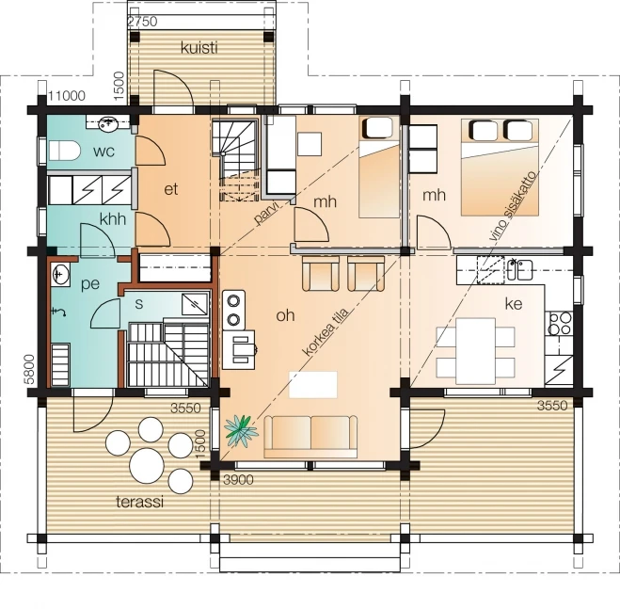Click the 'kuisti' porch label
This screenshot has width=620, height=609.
point(199,48)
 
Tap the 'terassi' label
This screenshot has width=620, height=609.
point(139,502)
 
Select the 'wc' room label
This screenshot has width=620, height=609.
point(103,151)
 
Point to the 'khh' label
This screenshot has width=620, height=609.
point(113,219)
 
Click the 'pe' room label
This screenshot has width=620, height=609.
point(91,282)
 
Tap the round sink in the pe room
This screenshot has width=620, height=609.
point(61,275)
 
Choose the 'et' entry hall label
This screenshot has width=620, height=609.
point(171,189)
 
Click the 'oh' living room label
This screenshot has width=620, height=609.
point(285,315)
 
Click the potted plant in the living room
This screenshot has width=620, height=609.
point(241,431)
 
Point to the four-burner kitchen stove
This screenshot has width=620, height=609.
point(559,323)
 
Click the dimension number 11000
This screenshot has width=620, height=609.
point(67,95)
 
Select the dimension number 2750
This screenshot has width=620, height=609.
point(141,21)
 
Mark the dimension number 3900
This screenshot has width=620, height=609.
point(240,480)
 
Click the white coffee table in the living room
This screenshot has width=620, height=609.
point(313,384)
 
